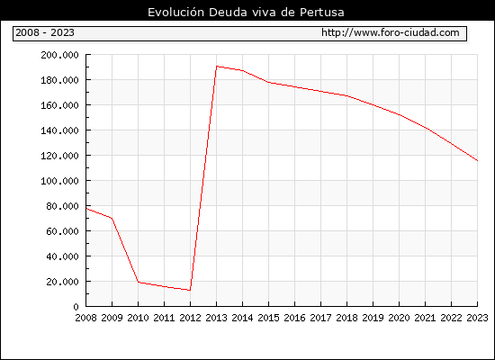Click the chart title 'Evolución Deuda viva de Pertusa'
(x=246, y=13)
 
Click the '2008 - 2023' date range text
(x=45, y=32)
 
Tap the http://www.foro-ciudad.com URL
(x=391, y=32)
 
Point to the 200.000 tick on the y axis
(x=59, y=55)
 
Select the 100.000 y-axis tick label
(x=59, y=181)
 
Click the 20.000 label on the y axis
(x=62, y=282)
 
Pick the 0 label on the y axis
(x=76, y=307)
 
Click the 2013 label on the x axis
(x=216, y=318)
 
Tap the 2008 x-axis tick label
(x=85, y=318)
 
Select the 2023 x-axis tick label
(x=477, y=318)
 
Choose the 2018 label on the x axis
(x=346, y=318)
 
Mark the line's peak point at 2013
(x=217, y=67)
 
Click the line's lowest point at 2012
(x=190, y=290)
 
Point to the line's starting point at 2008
(x=86, y=209)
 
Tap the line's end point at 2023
(x=477, y=161)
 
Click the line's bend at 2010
(x=139, y=282)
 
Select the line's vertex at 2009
(x=112, y=218)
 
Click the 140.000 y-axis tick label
(x=59, y=130)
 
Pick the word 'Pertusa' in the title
(x=322, y=13)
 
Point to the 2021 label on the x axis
(x=425, y=318)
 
